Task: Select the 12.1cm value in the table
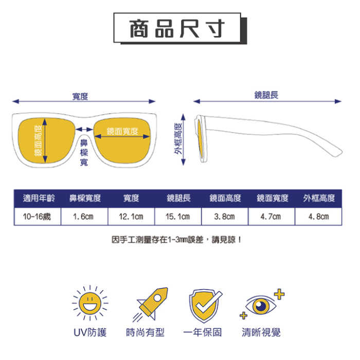pyautogui.click(x=131, y=217)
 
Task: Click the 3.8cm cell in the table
pyautogui.click(x=225, y=217)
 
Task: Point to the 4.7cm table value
pyautogui.click(x=271, y=217)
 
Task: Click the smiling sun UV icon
pyautogui.click(x=90, y=304)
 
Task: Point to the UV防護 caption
pyautogui.click(x=90, y=333)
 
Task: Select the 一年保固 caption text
pyautogui.click(x=204, y=333)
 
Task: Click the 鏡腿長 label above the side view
pyautogui.click(x=266, y=95)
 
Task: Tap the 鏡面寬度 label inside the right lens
pyautogui.click(x=122, y=131)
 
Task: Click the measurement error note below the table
pyautogui.click(x=176, y=240)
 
